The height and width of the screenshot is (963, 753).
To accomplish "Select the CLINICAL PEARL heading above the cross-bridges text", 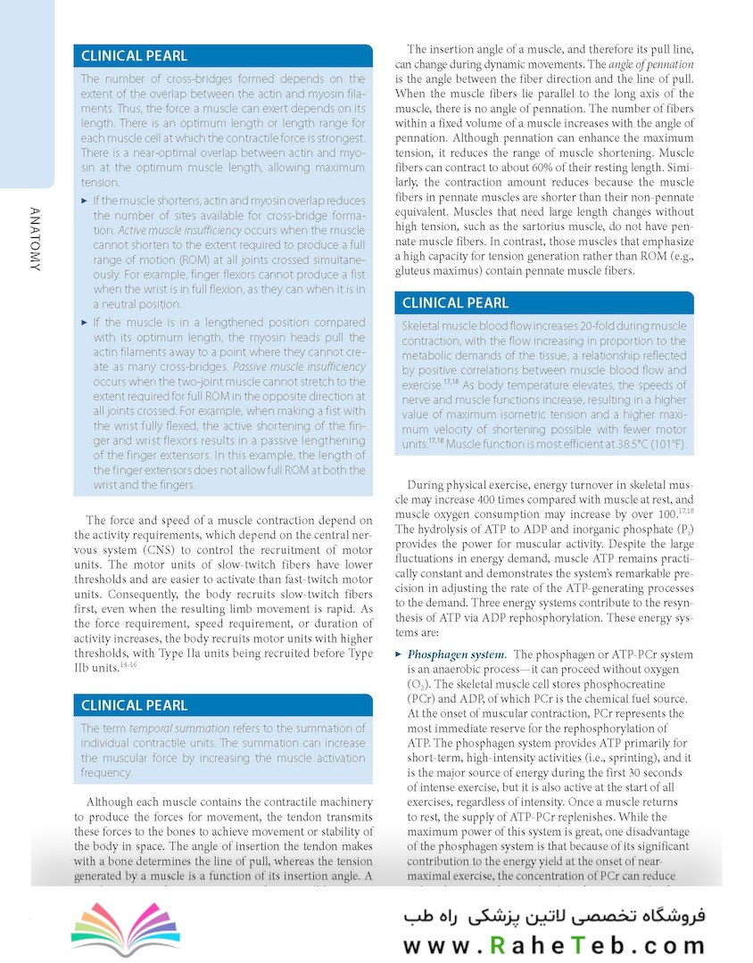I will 135,55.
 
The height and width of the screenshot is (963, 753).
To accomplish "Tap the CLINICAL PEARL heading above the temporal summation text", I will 135,705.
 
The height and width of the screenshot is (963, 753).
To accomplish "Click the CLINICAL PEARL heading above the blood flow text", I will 456,303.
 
